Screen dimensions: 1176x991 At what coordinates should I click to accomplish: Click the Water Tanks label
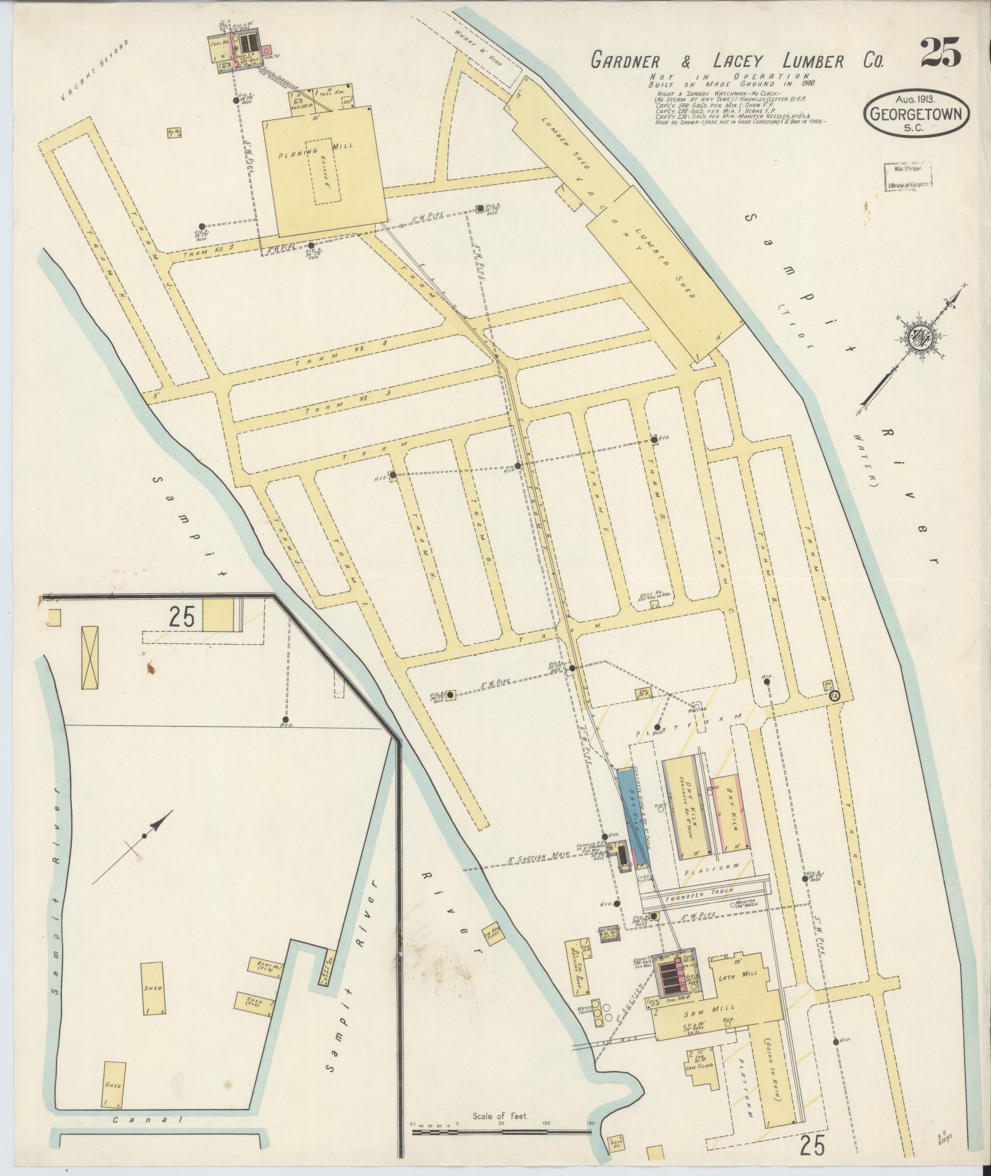point(585,1011)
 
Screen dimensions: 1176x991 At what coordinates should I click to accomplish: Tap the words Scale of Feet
point(499,1116)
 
